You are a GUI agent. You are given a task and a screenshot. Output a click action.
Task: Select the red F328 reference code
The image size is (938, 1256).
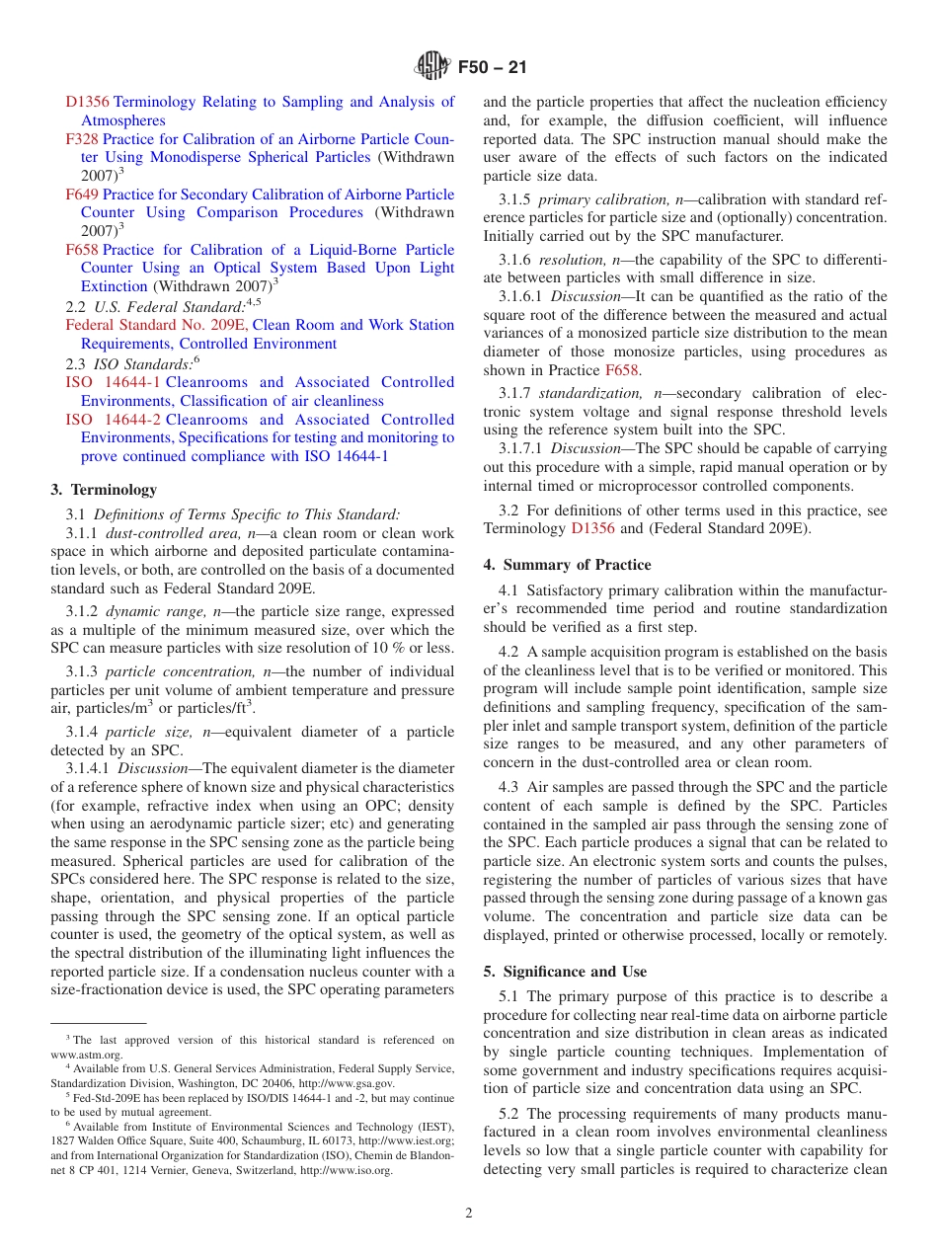[x=82, y=139]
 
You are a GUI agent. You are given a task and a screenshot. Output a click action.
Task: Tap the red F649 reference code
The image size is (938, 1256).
[x=82, y=195]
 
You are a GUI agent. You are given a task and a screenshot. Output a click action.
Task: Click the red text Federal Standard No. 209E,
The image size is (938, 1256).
[x=157, y=325]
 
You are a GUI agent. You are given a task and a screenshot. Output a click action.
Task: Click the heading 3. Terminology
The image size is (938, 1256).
[x=103, y=489]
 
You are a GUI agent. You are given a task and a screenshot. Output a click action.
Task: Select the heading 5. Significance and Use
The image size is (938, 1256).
[x=565, y=972]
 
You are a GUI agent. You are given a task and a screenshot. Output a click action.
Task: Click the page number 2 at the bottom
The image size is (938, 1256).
[x=469, y=1213]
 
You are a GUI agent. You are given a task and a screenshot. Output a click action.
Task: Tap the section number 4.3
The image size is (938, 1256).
[x=509, y=787]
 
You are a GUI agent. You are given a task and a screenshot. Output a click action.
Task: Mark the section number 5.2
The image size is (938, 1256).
[x=509, y=1113]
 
